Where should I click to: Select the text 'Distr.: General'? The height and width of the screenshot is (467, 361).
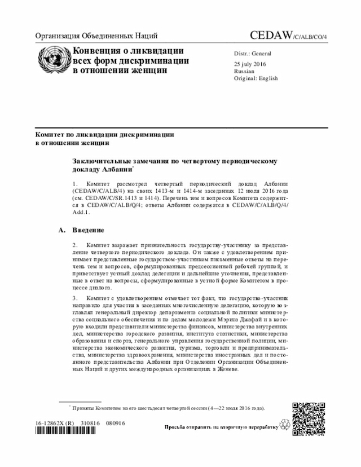click(x=253, y=54)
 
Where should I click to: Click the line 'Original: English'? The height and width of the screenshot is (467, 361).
click(x=256, y=79)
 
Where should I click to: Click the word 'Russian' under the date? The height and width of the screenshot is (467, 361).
click(x=245, y=72)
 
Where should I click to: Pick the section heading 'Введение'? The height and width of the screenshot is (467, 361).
click(x=87, y=230)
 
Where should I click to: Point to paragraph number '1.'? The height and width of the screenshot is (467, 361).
click(x=75, y=184)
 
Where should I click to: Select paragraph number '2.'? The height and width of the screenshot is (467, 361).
click(x=75, y=245)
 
